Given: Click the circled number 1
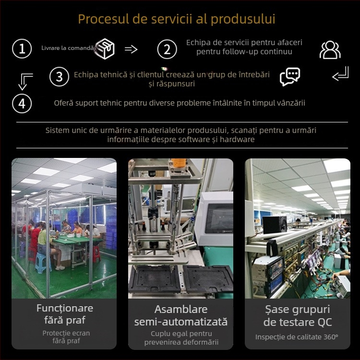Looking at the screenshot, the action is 22,48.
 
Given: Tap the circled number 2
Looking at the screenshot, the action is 167,49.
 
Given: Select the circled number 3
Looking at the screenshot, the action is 59,76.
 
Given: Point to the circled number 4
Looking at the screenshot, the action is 22,104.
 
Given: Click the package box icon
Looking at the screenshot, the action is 105,48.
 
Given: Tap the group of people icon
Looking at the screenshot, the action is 330,50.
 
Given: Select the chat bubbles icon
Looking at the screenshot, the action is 290,77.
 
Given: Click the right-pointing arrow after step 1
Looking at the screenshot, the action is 131,49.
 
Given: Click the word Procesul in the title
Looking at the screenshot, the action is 104,19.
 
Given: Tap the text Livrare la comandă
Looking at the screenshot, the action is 68,48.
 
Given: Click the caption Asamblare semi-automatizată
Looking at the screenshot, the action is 181,315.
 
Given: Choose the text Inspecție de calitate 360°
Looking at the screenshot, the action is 297,337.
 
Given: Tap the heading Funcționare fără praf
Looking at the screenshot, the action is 65,314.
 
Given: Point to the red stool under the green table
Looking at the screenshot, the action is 96,254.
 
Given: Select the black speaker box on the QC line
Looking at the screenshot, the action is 275,225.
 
